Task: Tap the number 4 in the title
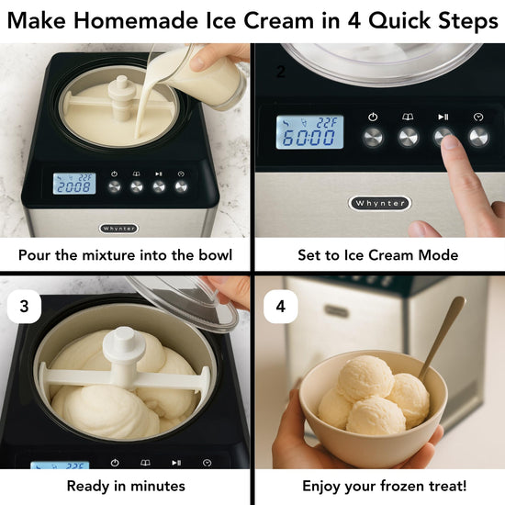tap(353, 20)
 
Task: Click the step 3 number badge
tap(24, 307)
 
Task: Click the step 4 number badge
tap(281, 307)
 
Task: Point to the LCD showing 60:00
tap(309, 132)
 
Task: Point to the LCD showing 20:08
tap(74, 184)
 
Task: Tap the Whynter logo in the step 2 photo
tap(380, 203)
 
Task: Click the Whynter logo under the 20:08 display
tap(118, 229)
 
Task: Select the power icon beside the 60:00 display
tap(373, 117)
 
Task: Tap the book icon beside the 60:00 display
tap(408, 117)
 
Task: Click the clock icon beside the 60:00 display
tap(478, 117)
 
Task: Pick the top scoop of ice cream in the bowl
tap(365, 377)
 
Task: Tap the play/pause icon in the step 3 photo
tap(176, 463)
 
